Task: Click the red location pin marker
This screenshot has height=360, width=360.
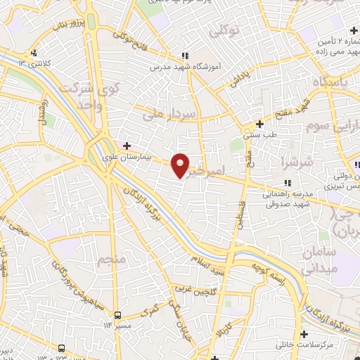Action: tap(181, 165)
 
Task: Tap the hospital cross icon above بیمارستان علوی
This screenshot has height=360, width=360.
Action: tap(127, 146)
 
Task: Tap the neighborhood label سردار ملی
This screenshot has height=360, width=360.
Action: tap(164, 112)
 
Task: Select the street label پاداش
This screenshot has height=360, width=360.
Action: tap(239, 79)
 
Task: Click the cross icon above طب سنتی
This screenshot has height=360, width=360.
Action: tap(259, 123)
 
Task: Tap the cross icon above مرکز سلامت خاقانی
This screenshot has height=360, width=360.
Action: tap(304, 333)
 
